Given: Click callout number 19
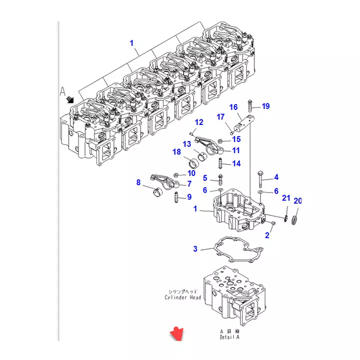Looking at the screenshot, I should tap(265, 106).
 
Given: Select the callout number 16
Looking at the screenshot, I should tap(233, 107).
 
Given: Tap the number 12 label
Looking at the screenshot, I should tap(199, 122).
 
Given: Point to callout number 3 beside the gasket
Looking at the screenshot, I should tap(195, 248).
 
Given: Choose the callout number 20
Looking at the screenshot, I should tap(297, 201).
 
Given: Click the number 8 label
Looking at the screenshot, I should tap(138, 182).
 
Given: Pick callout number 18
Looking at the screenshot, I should tap(176, 152).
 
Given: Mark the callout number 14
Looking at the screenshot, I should tap(236, 163).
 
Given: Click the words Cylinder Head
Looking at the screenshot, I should tap(183, 297).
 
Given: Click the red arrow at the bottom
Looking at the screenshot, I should tap(176, 333).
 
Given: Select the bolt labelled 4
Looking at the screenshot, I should tap(261, 177).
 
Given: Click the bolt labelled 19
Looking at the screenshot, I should tap(249, 106).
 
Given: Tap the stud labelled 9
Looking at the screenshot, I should tap(175, 197).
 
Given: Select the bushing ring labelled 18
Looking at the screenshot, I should tap(193, 163).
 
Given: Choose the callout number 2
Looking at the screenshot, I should tap(267, 235).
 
